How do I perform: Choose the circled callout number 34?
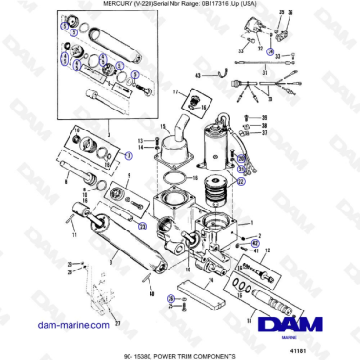click(x=270, y=50)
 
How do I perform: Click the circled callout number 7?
click(x=129, y=154)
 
